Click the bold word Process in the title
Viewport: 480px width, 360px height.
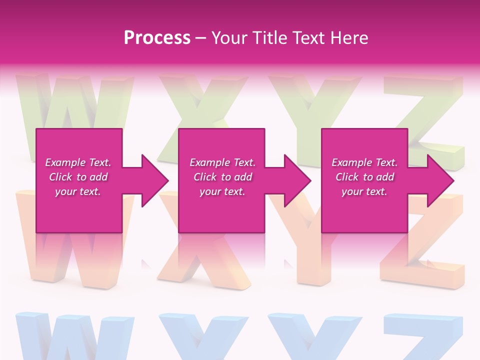tap(157, 38)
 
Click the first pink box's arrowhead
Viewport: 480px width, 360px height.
tap(152, 180)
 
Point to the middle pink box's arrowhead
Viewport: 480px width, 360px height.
tap(295, 180)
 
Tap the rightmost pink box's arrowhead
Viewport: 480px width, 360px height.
tap(438, 180)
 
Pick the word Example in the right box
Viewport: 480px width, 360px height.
tap(351, 162)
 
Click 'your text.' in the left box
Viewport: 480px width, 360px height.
tap(77, 191)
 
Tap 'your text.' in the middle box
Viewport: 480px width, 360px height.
tap(222, 191)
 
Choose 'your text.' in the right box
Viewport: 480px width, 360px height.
tap(364, 191)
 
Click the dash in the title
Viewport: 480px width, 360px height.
tap(201, 38)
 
